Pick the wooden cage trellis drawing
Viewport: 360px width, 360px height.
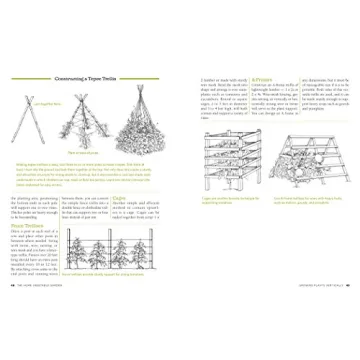coord(229,164)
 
